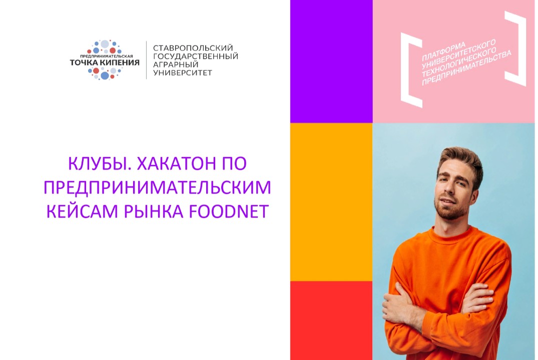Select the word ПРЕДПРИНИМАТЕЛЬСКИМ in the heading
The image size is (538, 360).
(x=157, y=187)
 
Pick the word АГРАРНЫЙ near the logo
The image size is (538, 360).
(x=176, y=64)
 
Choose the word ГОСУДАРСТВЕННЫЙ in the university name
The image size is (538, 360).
(x=195, y=56)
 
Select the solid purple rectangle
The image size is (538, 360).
(x=331, y=61)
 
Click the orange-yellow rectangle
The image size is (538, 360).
(x=331, y=202)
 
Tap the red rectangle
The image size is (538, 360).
(x=331, y=320)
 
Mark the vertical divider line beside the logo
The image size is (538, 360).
(x=146, y=60)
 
